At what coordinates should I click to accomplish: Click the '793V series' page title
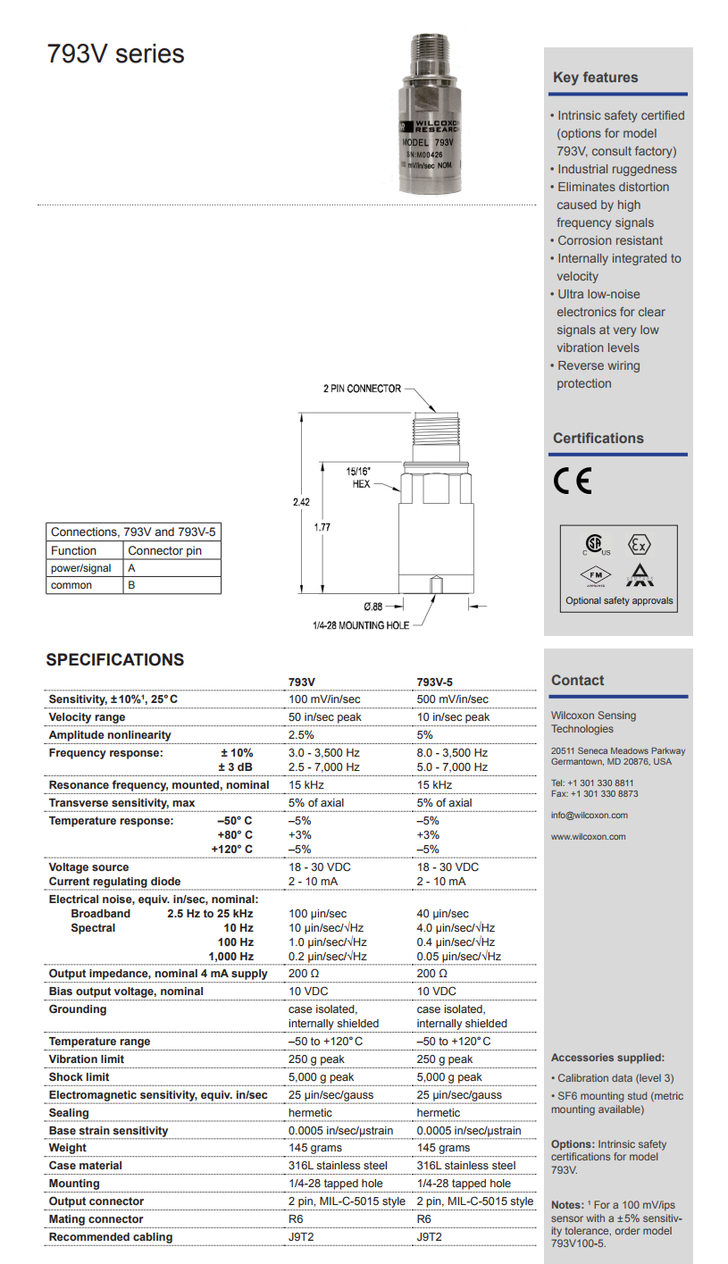[116, 54]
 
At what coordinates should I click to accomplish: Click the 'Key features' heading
[595, 78]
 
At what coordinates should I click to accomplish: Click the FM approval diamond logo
[594, 574]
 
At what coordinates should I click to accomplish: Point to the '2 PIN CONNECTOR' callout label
[362, 389]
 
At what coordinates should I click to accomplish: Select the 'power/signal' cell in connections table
[81, 568]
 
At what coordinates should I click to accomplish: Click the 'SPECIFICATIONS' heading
[115, 660]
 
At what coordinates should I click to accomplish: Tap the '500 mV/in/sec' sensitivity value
[452, 699]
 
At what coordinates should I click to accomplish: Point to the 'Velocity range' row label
[87, 717]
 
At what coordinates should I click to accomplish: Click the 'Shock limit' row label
[79, 1077]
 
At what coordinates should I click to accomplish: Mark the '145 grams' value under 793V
[314, 1148]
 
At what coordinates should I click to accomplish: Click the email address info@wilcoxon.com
[589, 815]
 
